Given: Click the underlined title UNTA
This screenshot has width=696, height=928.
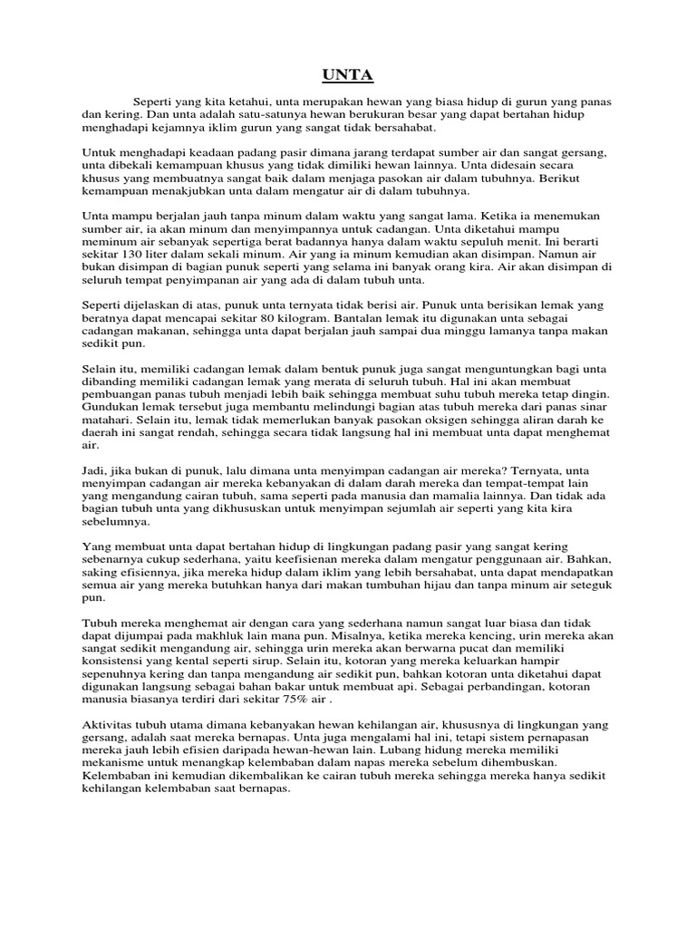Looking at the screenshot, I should click(x=347, y=75).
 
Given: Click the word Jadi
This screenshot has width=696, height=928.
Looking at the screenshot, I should click(x=95, y=473).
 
